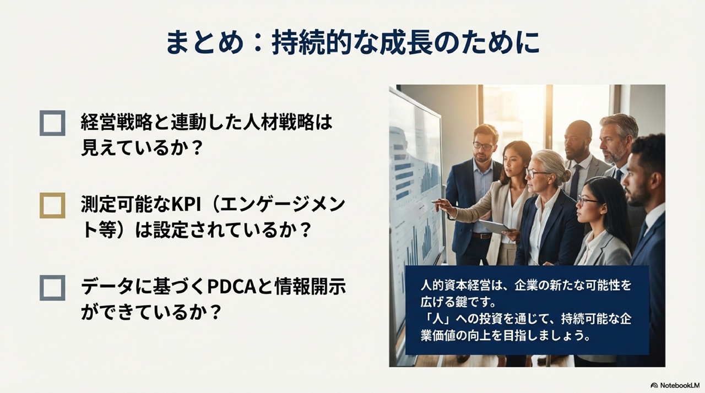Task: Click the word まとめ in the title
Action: (x=205, y=43)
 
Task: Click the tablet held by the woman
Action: (x=493, y=226)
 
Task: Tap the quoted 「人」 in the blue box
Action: (x=437, y=319)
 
